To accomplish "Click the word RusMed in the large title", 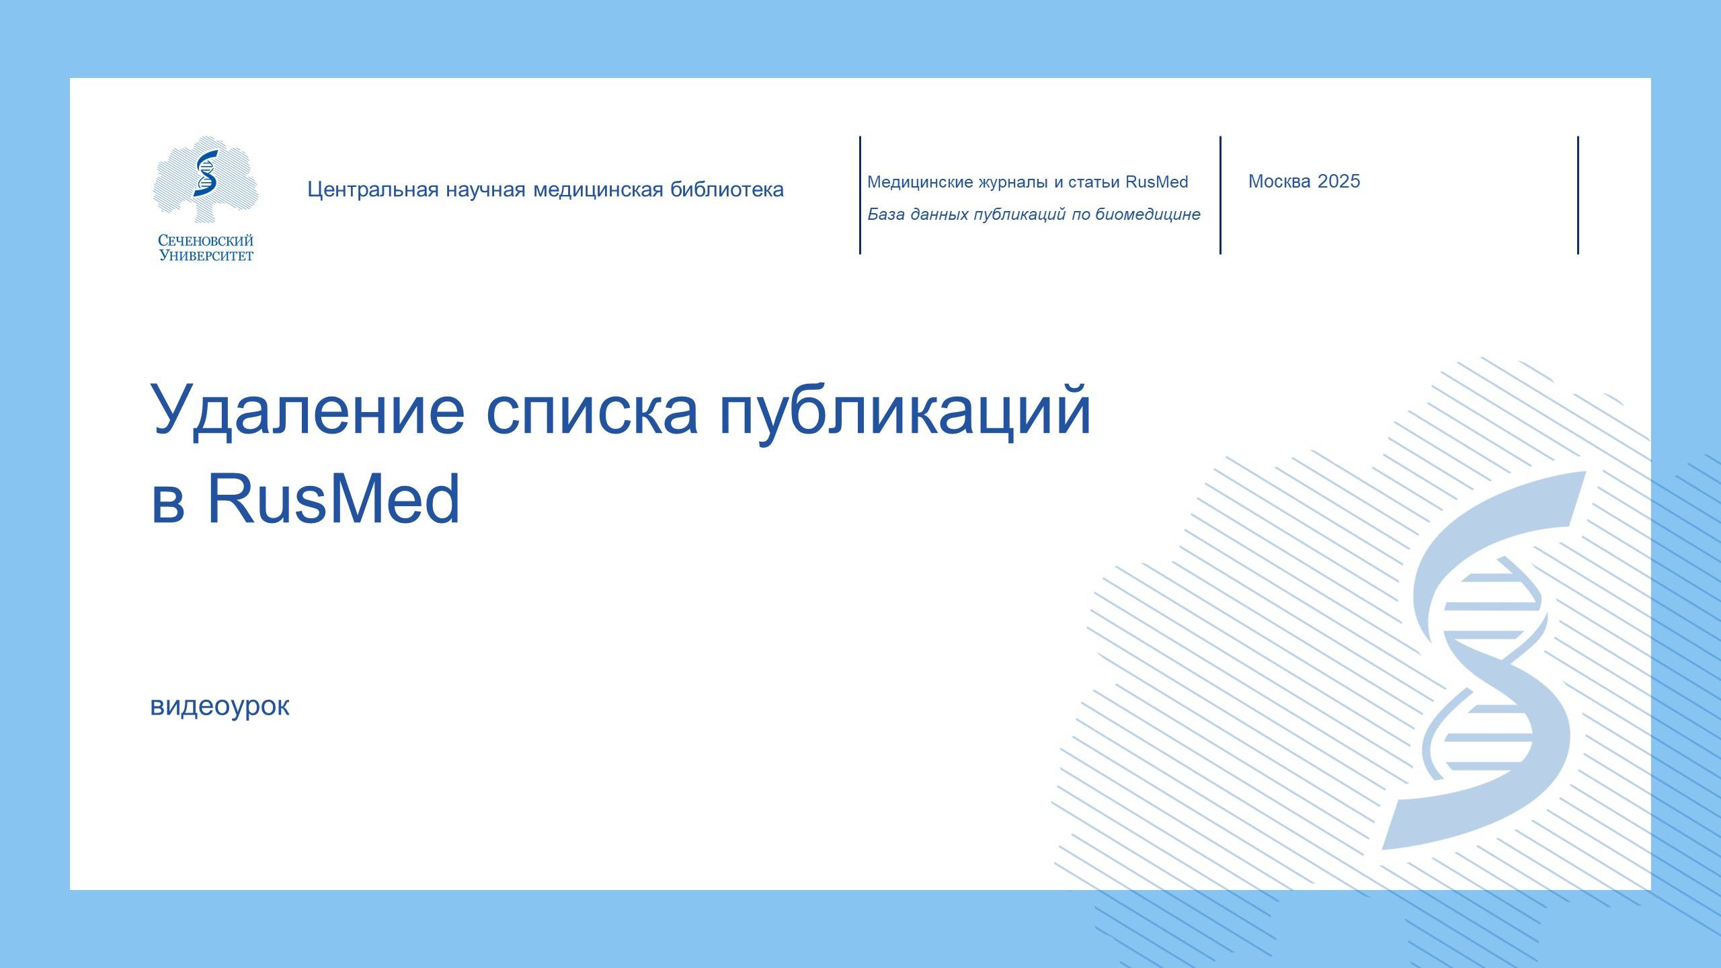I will [x=333, y=499].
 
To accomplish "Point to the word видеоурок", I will [x=220, y=706].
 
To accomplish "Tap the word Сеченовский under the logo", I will [x=206, y=241].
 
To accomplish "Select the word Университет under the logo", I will [x=206, y=255].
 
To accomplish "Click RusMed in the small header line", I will [x=1156, y=182].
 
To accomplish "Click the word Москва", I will [x=1279, y=182].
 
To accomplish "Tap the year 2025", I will [x=1339, y=182].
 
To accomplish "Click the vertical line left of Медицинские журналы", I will [x=860, y=195].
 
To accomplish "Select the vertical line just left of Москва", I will [x=1220, y=195].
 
